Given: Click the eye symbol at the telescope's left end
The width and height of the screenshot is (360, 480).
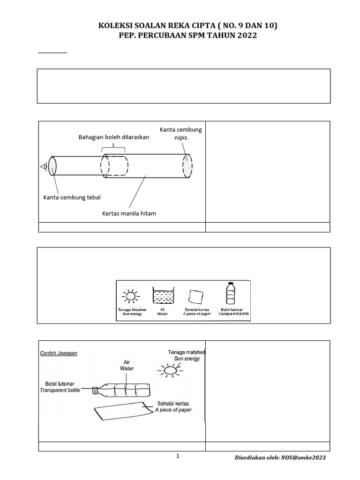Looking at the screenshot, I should (x=44, y=166).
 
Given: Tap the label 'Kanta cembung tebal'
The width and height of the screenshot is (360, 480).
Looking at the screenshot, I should (x=72, y=197).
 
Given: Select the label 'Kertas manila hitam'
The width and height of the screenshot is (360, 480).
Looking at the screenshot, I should (x=129, y=213).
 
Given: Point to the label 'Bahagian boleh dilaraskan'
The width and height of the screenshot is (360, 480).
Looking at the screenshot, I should (x=113, y=137).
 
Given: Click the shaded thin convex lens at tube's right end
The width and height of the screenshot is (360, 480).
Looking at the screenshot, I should (x=187, y=166).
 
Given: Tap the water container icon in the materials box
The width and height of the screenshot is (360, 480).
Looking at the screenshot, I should (x=162, y=296).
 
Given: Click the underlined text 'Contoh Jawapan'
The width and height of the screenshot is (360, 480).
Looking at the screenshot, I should (x=59, y=353).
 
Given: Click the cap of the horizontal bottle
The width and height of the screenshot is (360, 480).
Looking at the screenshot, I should (x=95, y=390).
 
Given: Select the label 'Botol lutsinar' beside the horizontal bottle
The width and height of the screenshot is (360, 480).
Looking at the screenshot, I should (x=60, y=383).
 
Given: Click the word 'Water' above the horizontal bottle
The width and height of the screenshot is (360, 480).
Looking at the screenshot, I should (x=127, y=368).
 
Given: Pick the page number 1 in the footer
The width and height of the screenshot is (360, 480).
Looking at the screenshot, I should (x=178, y=457).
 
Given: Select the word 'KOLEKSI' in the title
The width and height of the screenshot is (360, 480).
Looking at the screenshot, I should (x=114, y=26).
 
